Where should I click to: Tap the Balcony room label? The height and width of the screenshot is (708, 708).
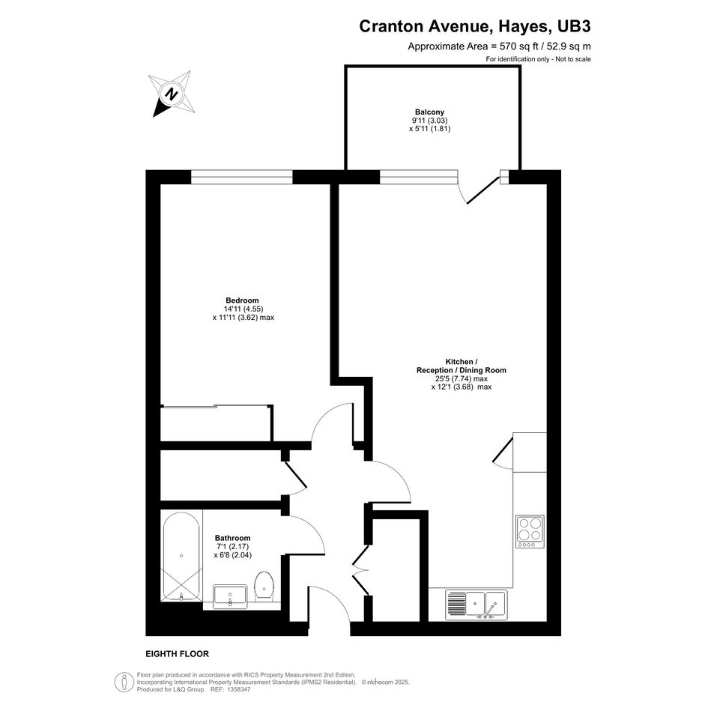click(429, 112)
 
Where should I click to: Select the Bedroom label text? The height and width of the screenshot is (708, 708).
click(243, 300)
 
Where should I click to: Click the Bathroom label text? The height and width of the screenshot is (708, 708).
click(232, 538)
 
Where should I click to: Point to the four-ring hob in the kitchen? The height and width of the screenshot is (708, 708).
click(530, 531)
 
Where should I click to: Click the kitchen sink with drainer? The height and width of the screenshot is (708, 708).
click(476, 605)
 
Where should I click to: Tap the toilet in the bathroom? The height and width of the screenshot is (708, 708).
click(264, 587)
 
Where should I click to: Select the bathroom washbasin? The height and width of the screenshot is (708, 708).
click(230, 596)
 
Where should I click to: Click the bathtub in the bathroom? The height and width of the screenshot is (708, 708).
click(181, 556)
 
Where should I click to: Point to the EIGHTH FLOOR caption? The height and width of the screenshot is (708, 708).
click(177, 654)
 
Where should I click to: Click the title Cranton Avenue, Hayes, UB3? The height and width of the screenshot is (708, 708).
click(474, 26)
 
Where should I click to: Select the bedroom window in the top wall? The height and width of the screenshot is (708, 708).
click(241, 177)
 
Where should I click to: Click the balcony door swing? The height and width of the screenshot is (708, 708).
click(479, 190)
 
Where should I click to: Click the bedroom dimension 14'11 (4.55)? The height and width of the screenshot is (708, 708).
click(243, 309)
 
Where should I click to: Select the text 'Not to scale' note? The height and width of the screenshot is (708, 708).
click(573, 59)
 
